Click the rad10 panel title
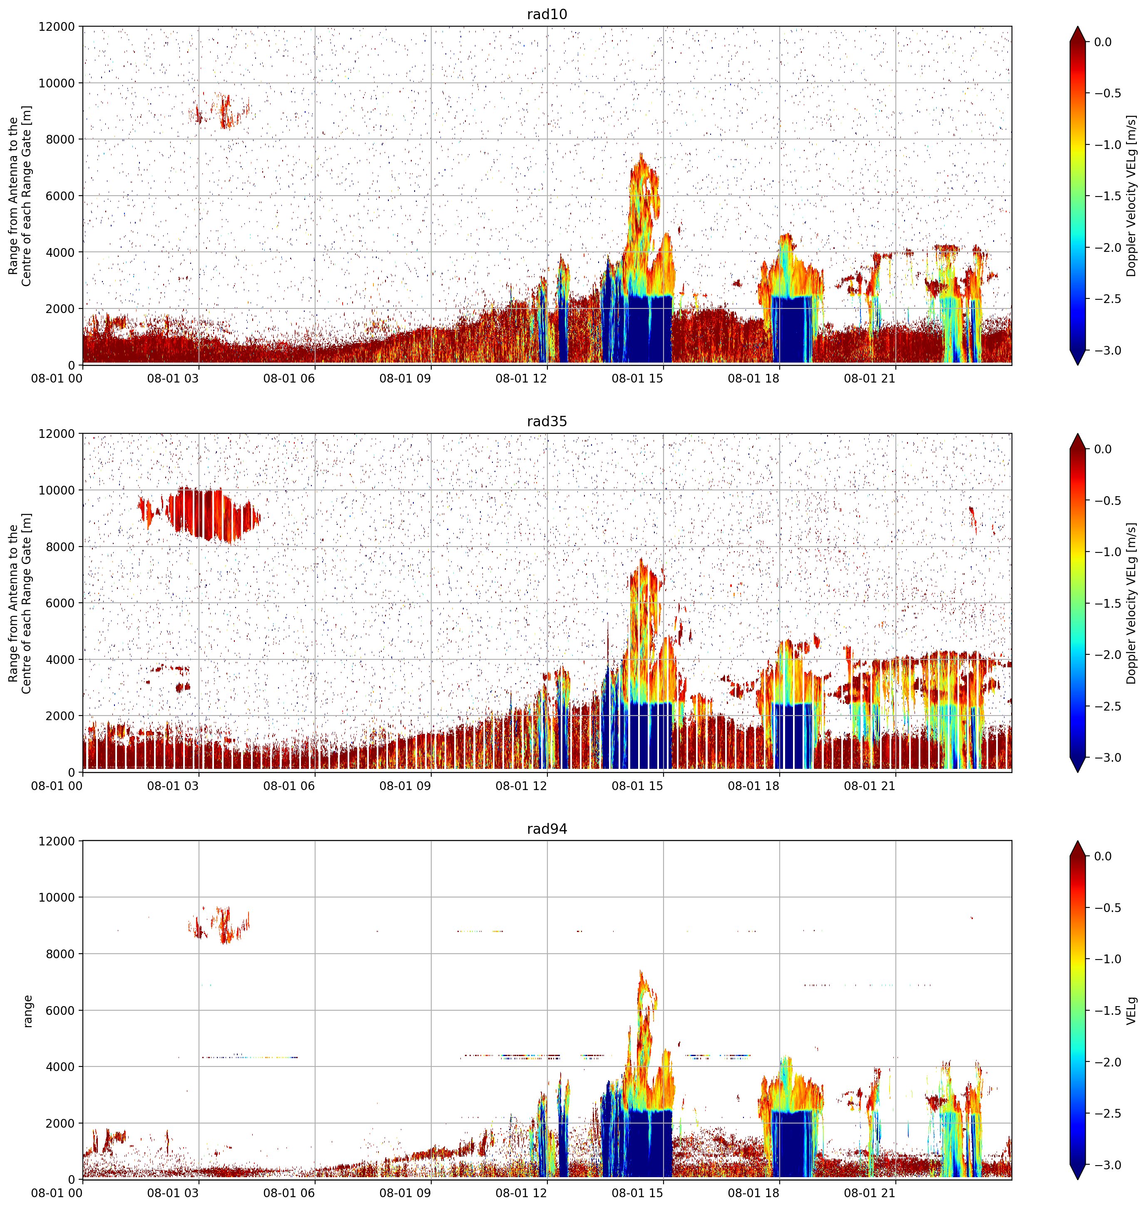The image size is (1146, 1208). tap(547, 14)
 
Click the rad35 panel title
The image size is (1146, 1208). tap(547, 421)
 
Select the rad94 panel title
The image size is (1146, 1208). tap(547, 829)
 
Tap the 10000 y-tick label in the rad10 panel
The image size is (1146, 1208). tap(57, 83)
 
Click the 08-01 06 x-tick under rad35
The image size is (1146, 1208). tap(289, 786)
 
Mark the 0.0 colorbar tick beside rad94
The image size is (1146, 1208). tap(1103, 856)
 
